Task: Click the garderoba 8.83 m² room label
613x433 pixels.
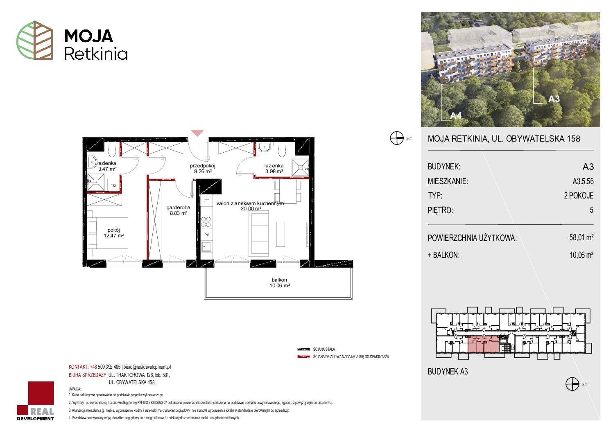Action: [178, 210]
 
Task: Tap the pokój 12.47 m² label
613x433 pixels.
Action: [113, 232]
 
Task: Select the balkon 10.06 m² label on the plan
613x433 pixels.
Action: [279, 282]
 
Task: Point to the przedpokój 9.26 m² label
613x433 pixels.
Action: [203, 169]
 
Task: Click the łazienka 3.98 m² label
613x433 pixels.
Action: [274, 169]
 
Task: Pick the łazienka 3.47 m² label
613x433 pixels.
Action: [107, 166]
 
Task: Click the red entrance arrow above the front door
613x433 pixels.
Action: [197, 133]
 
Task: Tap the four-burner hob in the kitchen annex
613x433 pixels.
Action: [206, 222]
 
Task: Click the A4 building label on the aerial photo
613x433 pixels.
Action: [456, 116]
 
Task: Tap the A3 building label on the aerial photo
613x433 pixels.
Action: [554, 99]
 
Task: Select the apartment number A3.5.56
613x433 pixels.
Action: [583, 181]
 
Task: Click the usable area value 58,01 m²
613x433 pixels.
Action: [581, 237]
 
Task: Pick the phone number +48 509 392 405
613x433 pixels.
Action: [105, 367]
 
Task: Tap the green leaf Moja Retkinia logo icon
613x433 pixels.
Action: [35, 40]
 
